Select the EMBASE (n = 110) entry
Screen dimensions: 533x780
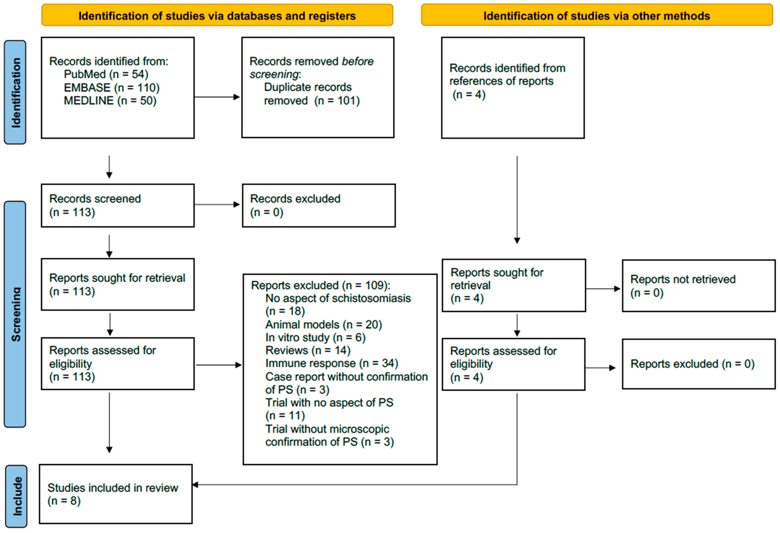pyautogui.click(x=111, y=88)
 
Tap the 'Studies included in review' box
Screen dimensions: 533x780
pyautogui.click(x=116, y=494)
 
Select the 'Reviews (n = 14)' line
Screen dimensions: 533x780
pyautogui.click(x=308, y=350)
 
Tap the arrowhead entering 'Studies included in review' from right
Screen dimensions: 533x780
pyautogui.click(x=195, y=484)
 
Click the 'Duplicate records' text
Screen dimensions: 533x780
pyautogui.click(x=308, y=87)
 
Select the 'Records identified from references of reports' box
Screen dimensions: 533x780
pyautogui.click(x=513, y=88)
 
